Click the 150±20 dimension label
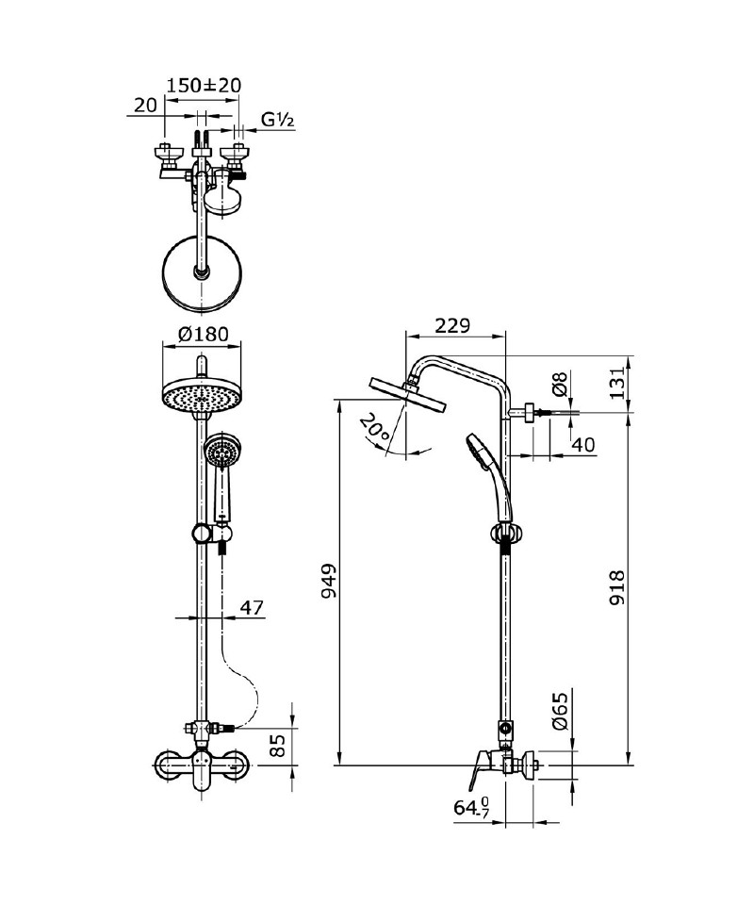tap(204, 85)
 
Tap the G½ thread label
tap(280, 120)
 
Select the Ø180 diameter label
tap(203, 334)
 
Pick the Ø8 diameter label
tap(560, 384)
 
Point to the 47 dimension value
tap(251, 608)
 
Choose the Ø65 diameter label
tap(560, 709)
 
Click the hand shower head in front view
tap(222, 452)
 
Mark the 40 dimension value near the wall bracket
tap(583, 445)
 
